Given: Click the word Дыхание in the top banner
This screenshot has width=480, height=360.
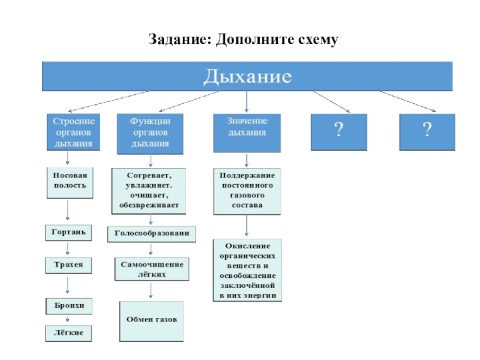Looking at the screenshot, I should [x=247, y=77].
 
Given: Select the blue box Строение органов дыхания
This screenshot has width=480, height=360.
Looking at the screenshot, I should [x=73, y=132].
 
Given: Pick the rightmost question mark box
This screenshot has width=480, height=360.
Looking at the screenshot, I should [x=427, y=131].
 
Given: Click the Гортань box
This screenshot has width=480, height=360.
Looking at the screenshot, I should [x=70, y=232].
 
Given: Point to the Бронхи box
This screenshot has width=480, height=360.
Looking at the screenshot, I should [x=70, y=306].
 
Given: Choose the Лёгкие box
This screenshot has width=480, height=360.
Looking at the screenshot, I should [x=70, y=332].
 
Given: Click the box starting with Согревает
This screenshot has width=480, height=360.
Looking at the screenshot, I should [x=149, y=190].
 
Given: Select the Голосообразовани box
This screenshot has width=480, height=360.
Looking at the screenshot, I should [x=152, y=233].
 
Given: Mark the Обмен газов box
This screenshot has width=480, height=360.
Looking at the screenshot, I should [x=151, y=320].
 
